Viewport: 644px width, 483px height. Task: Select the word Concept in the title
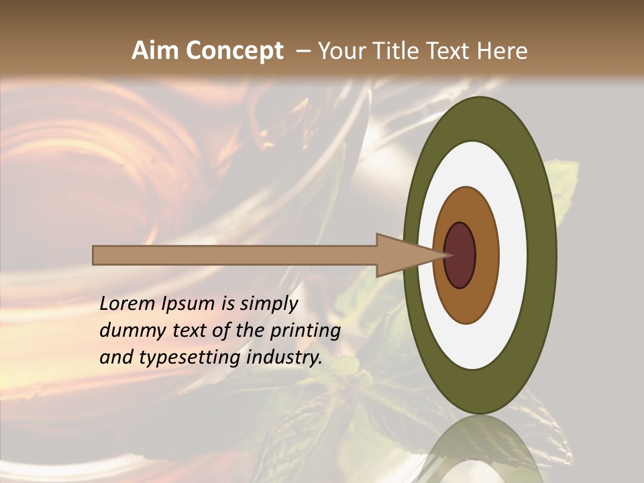click(234, 51)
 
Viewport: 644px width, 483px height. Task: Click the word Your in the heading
click(341, 51)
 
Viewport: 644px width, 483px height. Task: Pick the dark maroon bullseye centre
click(460, 255)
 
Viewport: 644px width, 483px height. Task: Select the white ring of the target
click(513, 255)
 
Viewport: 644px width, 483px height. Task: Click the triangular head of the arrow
click(402, 255)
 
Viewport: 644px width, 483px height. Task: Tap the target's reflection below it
click(480, 449)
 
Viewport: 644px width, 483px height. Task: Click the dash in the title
click(303, 52)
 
